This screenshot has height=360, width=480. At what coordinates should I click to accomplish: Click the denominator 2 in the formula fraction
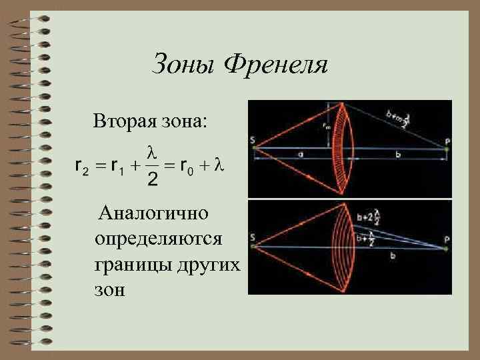coord(153,181)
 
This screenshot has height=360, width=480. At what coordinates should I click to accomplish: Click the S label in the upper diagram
coord(253,140)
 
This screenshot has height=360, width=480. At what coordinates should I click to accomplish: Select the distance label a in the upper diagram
coord(301,154)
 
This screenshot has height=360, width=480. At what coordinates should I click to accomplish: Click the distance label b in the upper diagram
coord(398,154)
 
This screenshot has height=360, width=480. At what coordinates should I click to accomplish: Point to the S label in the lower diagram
coord(253,237)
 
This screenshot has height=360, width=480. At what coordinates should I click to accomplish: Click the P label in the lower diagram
coord(447,239)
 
